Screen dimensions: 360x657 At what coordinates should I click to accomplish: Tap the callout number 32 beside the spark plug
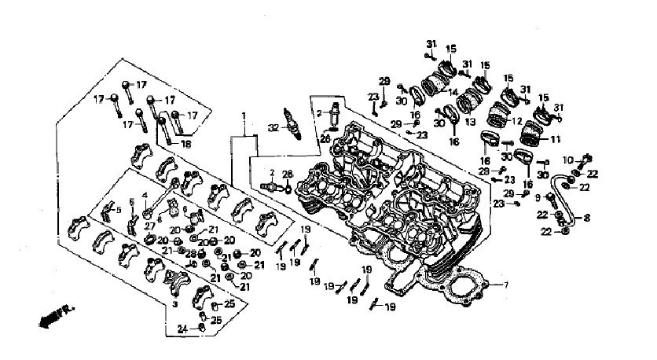[273, 127]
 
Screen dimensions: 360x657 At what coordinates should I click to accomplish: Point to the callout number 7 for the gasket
[508, 284]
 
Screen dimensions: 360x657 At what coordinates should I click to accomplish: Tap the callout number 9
[538, 197]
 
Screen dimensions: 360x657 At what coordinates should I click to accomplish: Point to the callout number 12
[516, 122]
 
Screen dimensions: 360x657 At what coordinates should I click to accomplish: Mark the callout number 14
[453, 91]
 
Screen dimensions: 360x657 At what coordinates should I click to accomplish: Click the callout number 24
[182, 328]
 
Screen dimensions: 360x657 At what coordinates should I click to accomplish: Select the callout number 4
[145, 194]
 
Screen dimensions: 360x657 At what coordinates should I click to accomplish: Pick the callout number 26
[325, 138]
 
